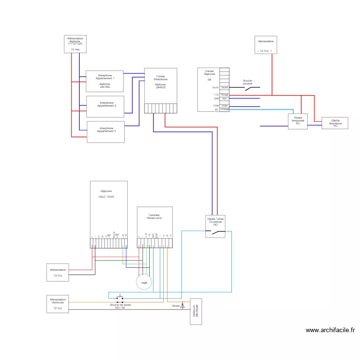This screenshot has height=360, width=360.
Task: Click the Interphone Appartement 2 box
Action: (x=105, y=107)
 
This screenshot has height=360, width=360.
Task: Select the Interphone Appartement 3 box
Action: (x=106, y=132)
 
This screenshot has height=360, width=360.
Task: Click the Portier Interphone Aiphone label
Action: (x=160, y=82)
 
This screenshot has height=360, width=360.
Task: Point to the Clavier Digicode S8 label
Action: (x=209, y=75)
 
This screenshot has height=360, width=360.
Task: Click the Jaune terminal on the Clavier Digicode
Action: (x=225, y=88)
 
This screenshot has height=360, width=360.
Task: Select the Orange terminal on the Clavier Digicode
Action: (x=225, y=109)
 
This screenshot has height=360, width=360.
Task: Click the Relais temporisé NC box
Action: (x=298, y=121)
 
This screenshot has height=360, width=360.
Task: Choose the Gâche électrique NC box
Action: (x=336, y=123)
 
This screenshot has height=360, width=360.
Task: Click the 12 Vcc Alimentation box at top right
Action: (x=265, y=45)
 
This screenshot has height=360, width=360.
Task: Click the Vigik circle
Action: (x=144, y=282)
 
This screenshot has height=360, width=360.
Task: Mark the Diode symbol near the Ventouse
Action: (x=182, y=305)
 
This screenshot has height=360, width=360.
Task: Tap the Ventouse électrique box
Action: (x=196, y=311)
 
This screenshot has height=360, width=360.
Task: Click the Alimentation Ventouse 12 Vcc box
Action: (x=58, y=304)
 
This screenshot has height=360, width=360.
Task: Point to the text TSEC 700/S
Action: (x=106, y=197)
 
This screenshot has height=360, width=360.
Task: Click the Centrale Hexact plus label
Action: (x=154, y=216)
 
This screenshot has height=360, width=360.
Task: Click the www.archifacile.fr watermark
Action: (x=330, y=330)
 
